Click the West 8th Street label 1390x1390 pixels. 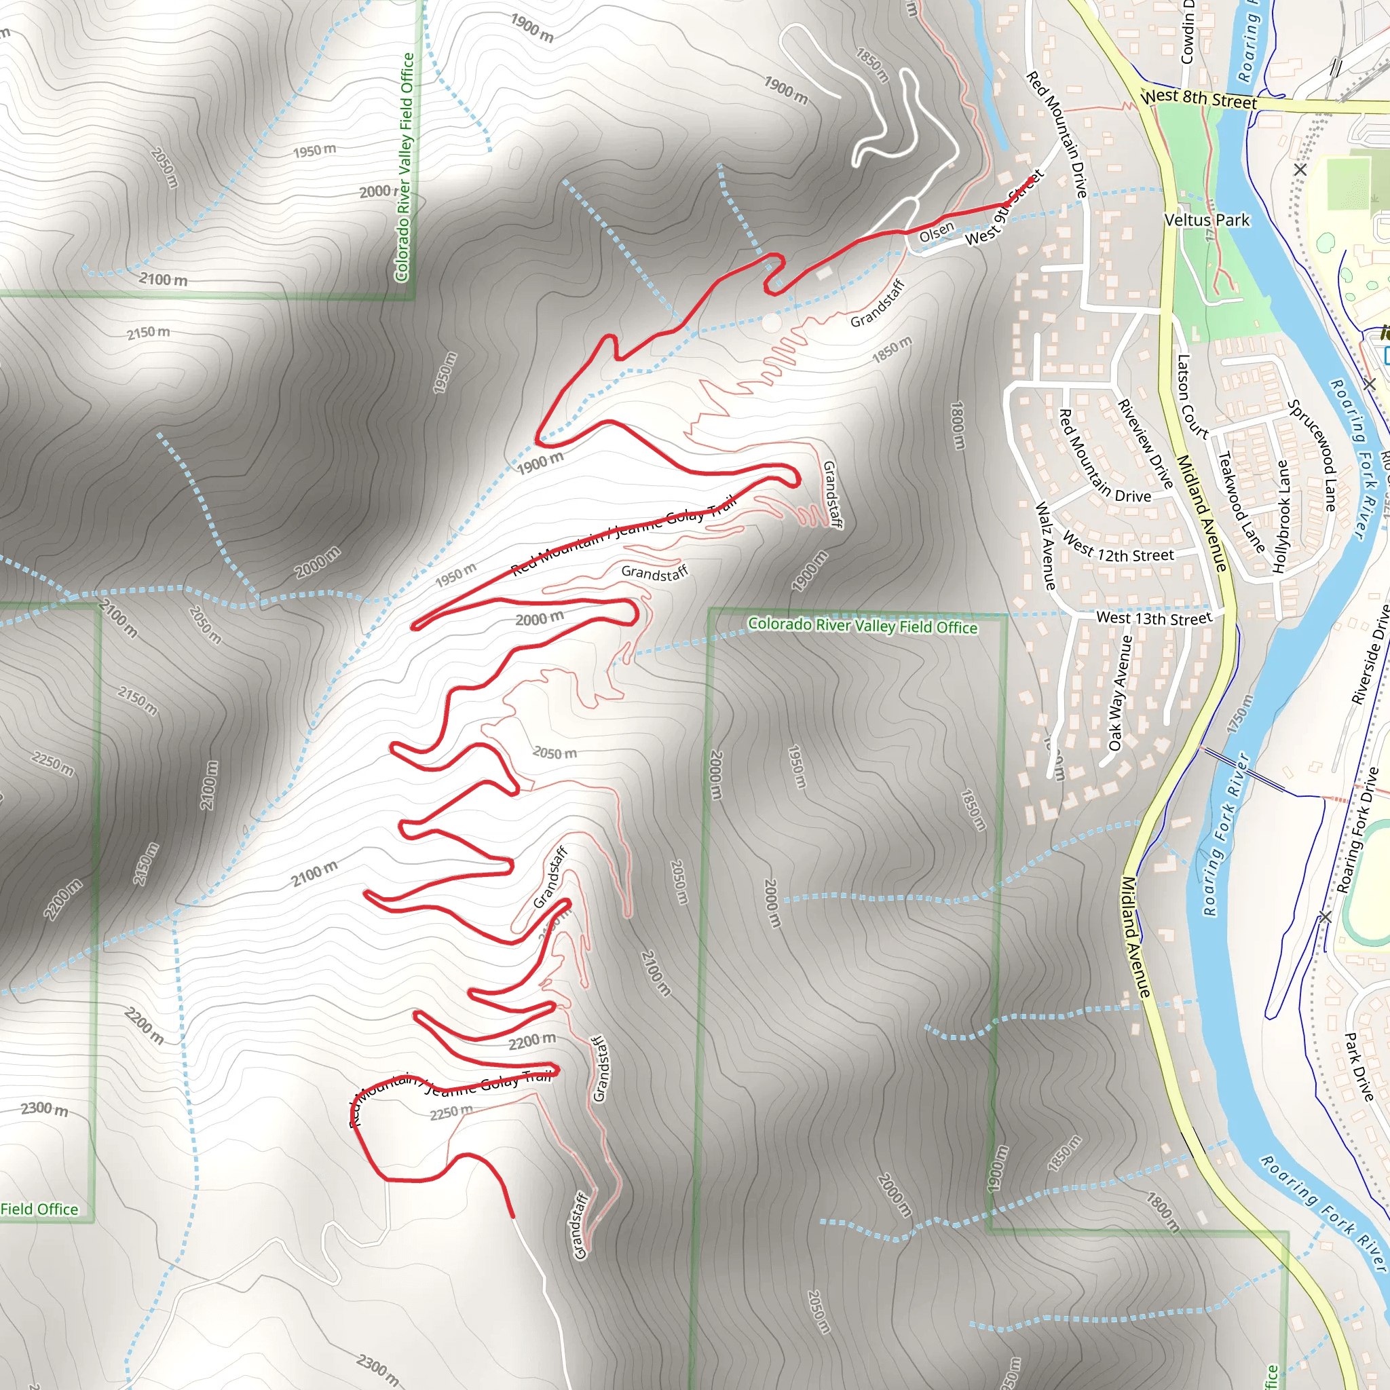click(x=1199, y=98)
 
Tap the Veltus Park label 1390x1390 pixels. click(x=1207, y=220)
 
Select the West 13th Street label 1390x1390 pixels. click(x=1153, y=618)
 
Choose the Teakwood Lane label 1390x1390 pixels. click(x=1241, y=502)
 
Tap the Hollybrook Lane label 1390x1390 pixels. click(x=1281, y=516)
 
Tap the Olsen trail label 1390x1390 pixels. click(x=936, y=232)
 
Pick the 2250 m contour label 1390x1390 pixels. click(x=451, y=1113)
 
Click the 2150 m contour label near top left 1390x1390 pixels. click(x=148, y=333)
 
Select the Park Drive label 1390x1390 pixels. click(x=1359, y=1067)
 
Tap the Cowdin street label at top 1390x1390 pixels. click(x=1188, y=33)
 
